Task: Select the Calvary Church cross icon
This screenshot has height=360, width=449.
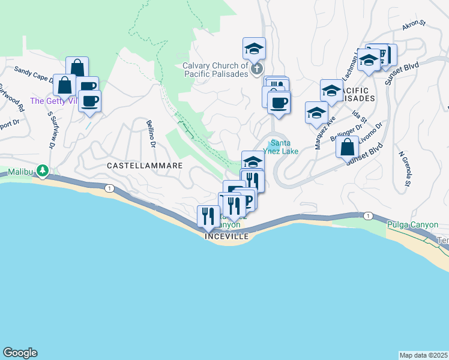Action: pos(256,68)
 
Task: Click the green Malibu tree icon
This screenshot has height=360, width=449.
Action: pos(42,171)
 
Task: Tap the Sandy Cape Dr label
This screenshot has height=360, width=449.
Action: pos(34,74)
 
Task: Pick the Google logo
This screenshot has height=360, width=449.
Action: pos(20,353)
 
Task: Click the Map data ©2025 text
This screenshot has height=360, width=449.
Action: pos(423,355)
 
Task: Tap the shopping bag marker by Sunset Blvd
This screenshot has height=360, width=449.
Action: pos(347,146)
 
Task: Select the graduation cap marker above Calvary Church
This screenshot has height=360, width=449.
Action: pos(254,47)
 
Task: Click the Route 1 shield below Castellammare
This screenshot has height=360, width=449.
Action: pos(109,188)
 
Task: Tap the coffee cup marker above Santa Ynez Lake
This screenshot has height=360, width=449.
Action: pos(279,103)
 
